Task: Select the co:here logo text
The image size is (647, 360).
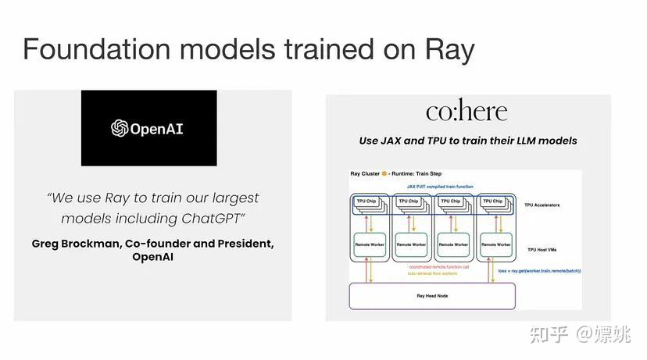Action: (466, 112)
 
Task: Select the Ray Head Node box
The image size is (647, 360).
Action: (432, 296)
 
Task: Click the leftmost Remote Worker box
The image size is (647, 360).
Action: (370, 244)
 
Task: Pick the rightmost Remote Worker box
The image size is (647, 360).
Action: (495, 244)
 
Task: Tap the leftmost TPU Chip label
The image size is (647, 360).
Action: (366, 201)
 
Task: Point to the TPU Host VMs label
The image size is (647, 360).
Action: (543, 249)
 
